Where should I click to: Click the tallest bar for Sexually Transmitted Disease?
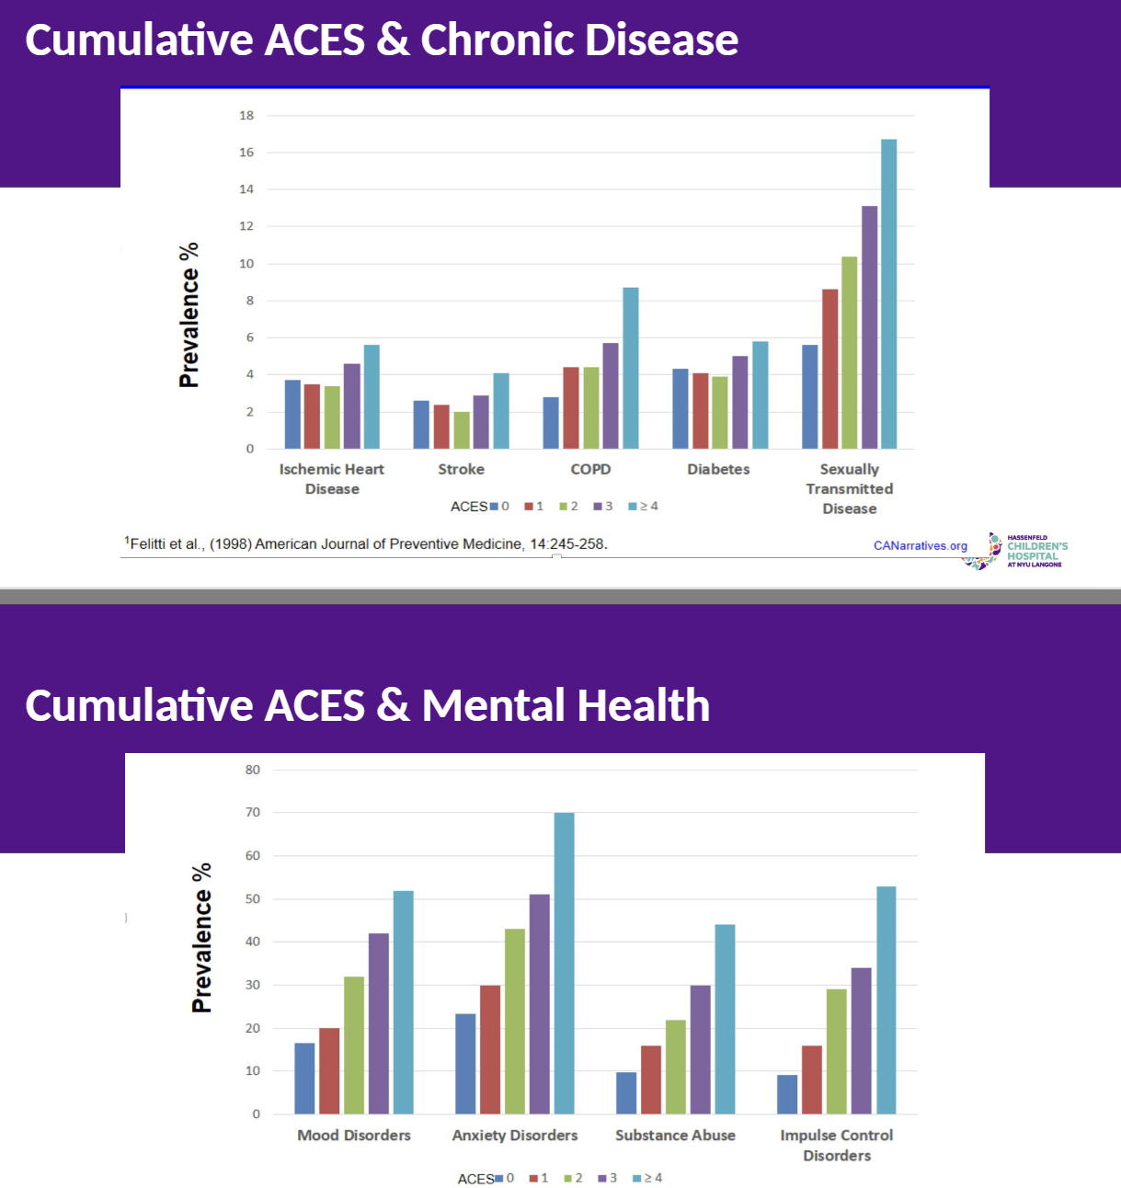click(888, 294)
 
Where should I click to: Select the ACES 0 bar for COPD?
click(551, 423)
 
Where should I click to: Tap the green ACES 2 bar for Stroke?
click(462, 430)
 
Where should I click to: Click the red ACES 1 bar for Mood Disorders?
click(329, 1071)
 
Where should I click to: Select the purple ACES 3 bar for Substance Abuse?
click(700, 1049)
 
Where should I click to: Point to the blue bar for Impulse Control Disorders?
click(787, 1094)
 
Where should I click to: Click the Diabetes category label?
click(718, 469)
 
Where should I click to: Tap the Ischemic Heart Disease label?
click(332, 478)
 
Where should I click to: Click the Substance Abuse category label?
click(675, 1136)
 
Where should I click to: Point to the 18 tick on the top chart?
click(246, 116)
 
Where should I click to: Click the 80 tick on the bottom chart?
click(253, 770)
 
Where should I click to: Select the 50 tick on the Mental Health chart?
click(253, 898)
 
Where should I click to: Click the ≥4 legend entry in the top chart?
click(644, 506)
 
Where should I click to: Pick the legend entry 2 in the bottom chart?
click(573, 1178)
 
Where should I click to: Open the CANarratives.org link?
click(920, 545)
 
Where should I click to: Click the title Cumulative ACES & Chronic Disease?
click(382, 40)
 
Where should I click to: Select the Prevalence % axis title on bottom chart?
click(201, 938)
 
